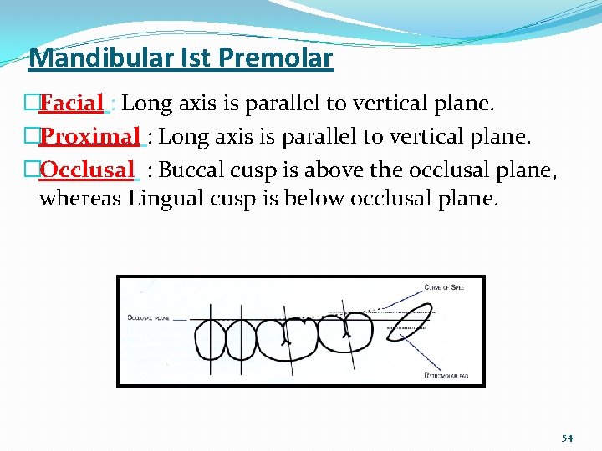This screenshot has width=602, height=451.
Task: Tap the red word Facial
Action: [x=71, y=104]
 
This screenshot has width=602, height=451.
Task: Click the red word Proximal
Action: [x=89, y=136]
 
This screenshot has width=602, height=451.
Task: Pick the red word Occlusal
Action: [x=86, y=170]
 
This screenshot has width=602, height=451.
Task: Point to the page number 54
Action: [x=568, y=438]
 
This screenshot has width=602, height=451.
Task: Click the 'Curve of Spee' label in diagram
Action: [x=443, y=286]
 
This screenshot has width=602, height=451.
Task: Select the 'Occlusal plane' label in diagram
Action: [x=149, y=317]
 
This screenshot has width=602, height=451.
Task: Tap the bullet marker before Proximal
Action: [x=33, y=136]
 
